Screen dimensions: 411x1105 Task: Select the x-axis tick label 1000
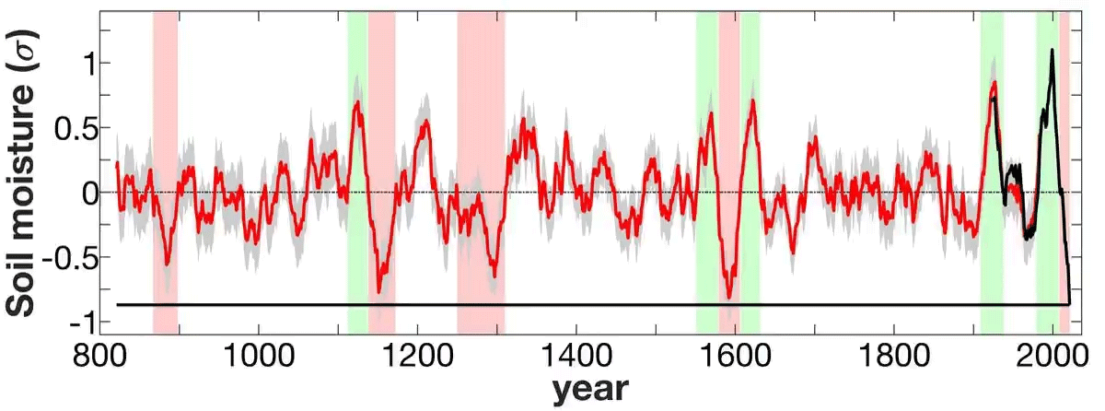(x=259, y=356)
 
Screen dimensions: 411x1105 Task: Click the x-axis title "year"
(x=590, y=390)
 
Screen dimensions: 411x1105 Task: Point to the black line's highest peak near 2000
(x=1052, y=51)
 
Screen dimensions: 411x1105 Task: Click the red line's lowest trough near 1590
(x=729, y=297)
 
